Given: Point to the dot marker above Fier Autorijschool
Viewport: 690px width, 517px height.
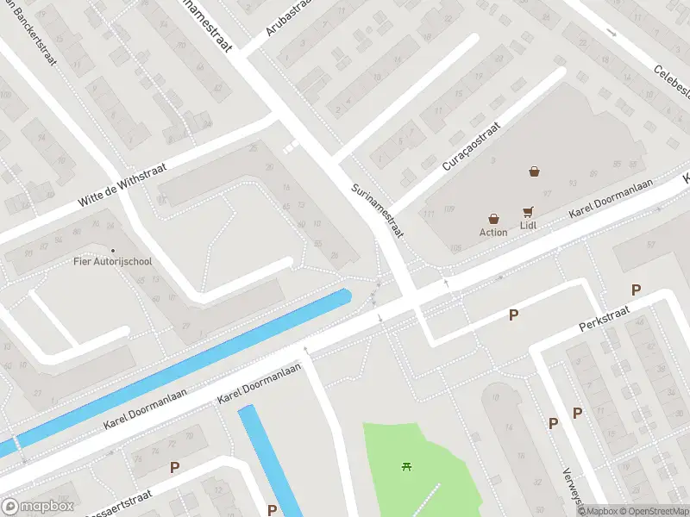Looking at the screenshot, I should click(112, 227).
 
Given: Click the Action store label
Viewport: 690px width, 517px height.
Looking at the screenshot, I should click(493, 232).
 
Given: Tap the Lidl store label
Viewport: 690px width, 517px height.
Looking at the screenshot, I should click(528, 226).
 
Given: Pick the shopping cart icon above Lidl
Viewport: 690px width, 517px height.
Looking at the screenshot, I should click(527, 212).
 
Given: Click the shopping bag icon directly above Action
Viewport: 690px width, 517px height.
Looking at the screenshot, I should click(493, 219).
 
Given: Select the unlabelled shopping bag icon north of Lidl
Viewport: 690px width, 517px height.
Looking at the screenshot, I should click(535, 171).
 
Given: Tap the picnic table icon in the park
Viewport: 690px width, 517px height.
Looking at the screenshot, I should click(406, 467).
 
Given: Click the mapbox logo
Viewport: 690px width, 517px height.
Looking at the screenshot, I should click(38, 507).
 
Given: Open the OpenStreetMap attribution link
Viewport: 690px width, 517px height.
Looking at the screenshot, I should click(653, 511).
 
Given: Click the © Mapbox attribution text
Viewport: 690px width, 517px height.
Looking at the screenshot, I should click(598, 511).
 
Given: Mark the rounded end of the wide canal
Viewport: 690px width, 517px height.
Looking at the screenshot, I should click(345, 296).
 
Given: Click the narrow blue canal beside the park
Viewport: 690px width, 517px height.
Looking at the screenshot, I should click(259, 457).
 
